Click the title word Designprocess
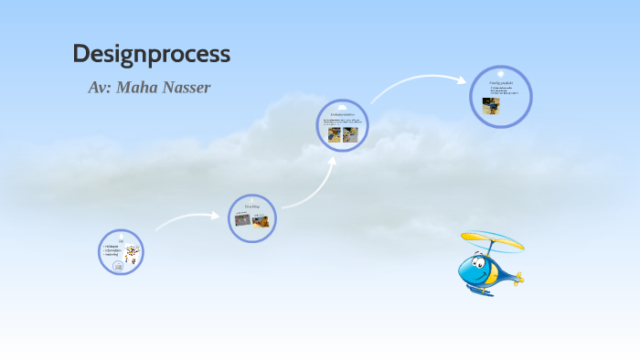pyautogui.click(x=151, y=54)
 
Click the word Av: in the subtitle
pyautogui.click(x=101, y=88)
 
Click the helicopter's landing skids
pyautogui.click(x=479, y=291)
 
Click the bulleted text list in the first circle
pyautogui.click(x=112, y=249)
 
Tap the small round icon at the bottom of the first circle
pyautogui.click(x=118, y=267)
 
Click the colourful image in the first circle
pyautogui.click(x=133, y=253)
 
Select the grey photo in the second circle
pyautogui.click(x=242, y=219)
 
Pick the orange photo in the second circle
pyautogui.click(x=257, y=219)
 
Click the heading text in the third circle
pyautogui.click(x=343, y=114)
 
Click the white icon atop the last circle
pyautogui.click(x=501, y=72)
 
